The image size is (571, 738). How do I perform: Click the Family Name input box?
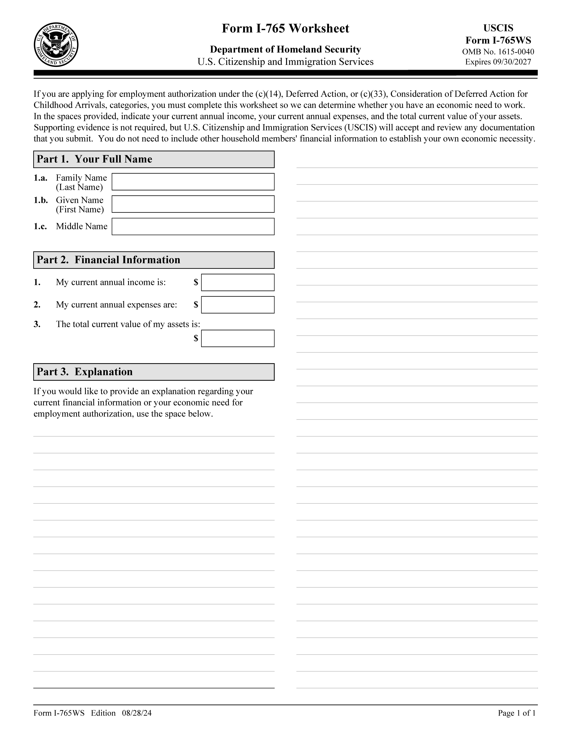(193, 182)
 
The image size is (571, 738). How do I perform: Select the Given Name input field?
(193, 204)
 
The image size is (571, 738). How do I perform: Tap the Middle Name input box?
(193, 226)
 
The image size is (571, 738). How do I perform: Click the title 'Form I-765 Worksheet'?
(285, 28)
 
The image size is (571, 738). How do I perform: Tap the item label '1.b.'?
(41, 200)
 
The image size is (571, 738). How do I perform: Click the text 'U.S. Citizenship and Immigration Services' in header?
(285, 62)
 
